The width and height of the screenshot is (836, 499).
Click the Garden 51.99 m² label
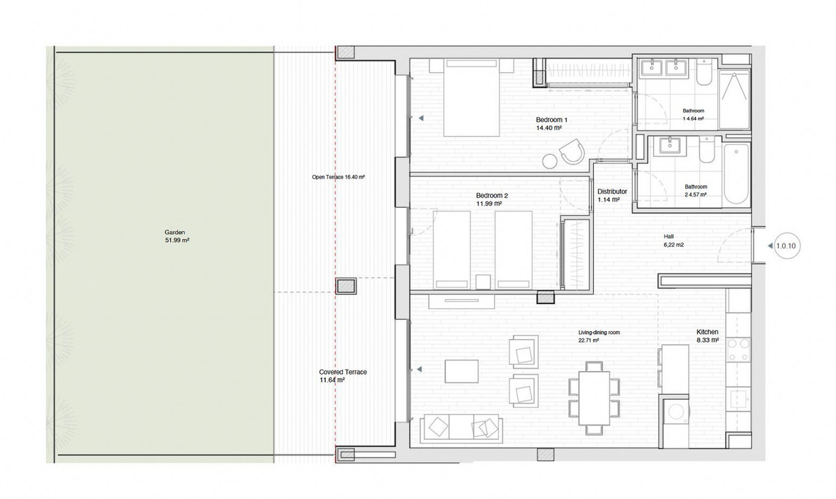[177, 236]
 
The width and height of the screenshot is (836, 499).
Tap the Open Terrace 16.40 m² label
[338, 177]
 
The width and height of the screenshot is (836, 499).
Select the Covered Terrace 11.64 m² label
[343, 376]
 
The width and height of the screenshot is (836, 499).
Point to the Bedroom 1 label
[552, 120]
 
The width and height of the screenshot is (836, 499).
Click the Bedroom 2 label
[492, 196]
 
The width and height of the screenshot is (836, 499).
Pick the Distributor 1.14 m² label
[612, 196]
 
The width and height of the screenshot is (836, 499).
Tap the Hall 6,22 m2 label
[673, 241]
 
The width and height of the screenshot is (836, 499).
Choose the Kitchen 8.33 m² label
[707, 336]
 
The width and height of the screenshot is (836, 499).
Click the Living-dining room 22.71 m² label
[599, 336]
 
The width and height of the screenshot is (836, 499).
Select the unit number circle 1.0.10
[785, 246]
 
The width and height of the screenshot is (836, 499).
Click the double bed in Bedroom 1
[472, 98]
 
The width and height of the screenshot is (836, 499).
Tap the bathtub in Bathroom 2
[736, 173]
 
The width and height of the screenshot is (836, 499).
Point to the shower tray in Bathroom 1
[734, 99]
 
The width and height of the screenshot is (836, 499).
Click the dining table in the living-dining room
[594, 393]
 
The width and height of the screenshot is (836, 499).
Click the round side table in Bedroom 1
[549, 161]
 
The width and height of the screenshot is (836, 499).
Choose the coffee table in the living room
[461, 371]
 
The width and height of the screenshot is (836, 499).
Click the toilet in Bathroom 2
[707, 150]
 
